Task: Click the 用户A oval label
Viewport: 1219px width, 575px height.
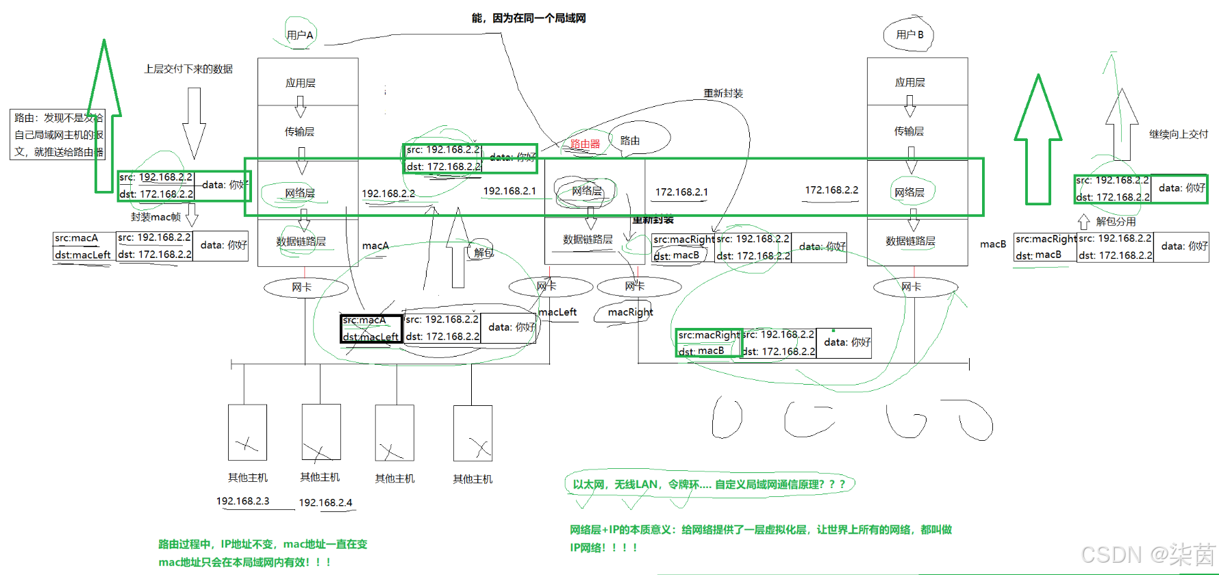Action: click(300, 35)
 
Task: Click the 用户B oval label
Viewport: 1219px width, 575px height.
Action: click(909, 34)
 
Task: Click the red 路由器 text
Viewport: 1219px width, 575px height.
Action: click(585, 144)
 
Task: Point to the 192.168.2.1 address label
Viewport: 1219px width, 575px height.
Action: click(510, 191)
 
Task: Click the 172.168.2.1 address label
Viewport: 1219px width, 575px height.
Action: click(681, 192)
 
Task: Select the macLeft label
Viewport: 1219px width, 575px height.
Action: click(557, 312)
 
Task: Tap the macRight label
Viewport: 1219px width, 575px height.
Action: click(630, 312)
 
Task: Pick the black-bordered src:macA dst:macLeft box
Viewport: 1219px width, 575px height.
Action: click(371, 329)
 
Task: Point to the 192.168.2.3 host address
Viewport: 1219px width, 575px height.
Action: click(242, 501)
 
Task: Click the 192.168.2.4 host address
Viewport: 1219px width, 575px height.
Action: click(325, 502)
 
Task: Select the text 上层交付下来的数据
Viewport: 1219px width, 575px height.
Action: click(188, 69)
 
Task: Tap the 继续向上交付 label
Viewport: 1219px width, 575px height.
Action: click(1178, 134)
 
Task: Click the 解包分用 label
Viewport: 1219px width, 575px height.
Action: click(1116, 222)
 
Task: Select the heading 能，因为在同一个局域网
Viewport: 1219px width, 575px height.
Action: click(529, 18)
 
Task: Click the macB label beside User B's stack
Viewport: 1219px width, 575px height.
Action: click(992, 244)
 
